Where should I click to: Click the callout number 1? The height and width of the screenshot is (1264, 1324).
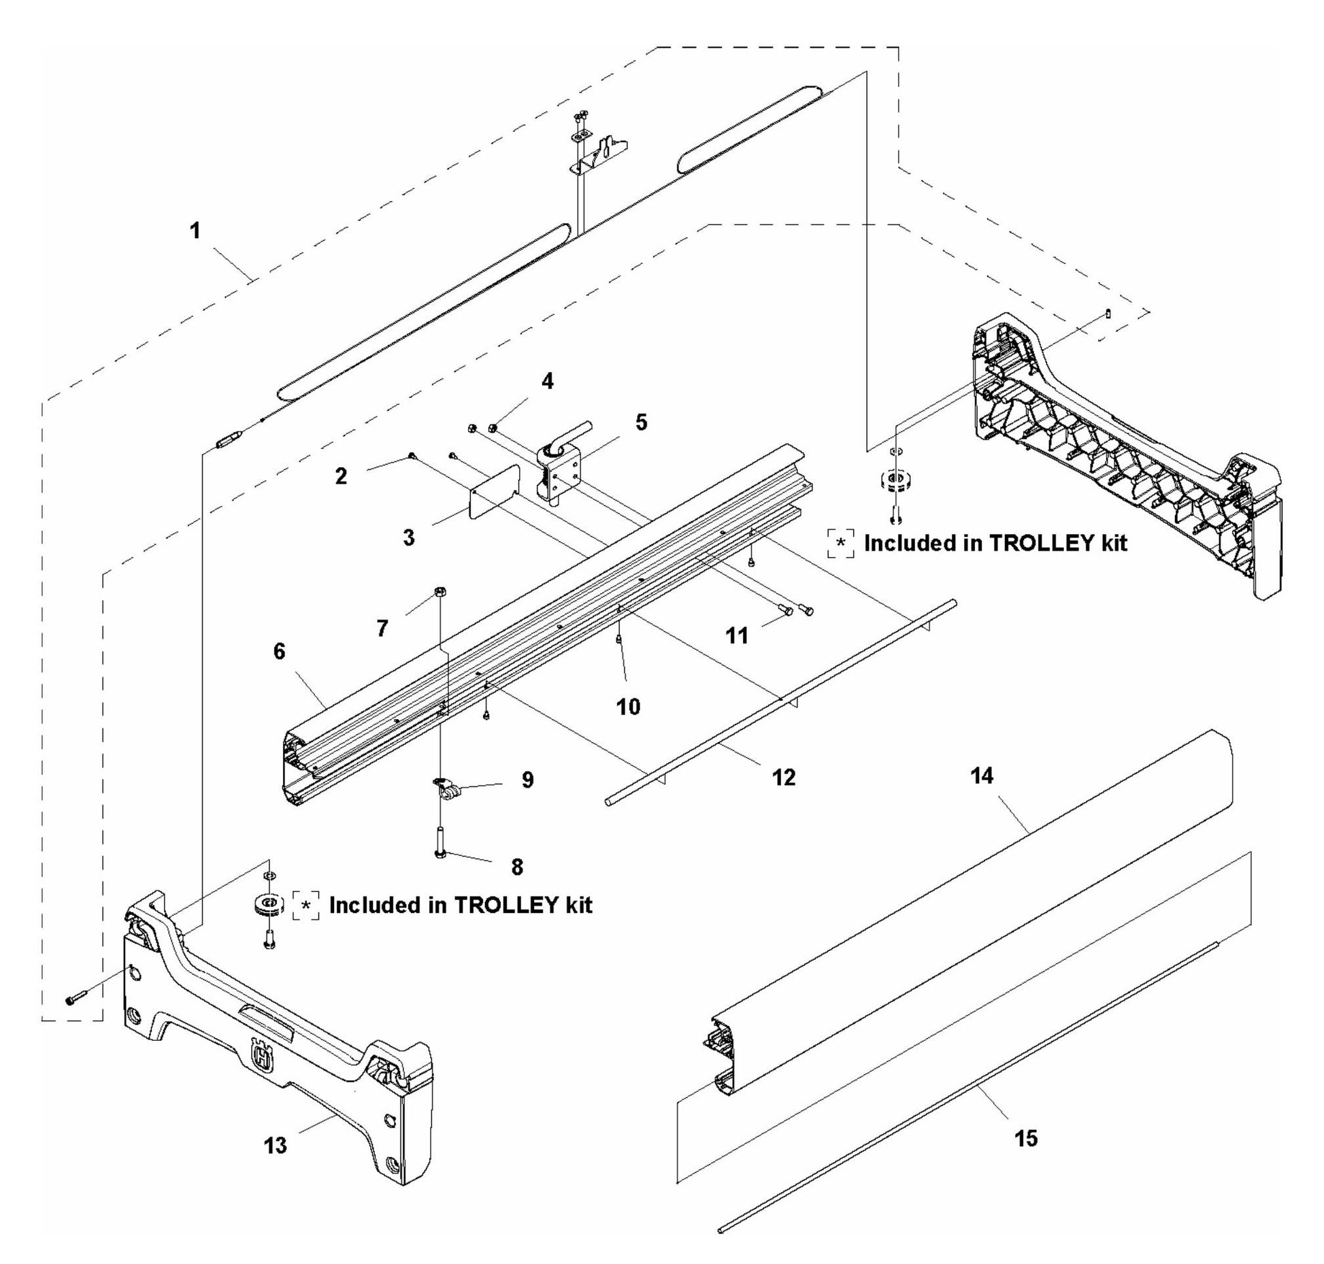coord(195,231)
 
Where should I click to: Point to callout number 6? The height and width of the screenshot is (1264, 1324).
coord(280,651)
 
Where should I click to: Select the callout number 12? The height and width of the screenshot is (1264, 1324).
coord(784,777)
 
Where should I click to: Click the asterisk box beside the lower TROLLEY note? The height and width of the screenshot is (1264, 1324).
coord(306,905)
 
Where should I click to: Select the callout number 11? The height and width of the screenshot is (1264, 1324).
coord(737,636)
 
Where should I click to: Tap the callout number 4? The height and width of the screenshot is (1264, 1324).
coord(547,381)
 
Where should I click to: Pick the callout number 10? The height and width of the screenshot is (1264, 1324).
coord(628,707)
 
